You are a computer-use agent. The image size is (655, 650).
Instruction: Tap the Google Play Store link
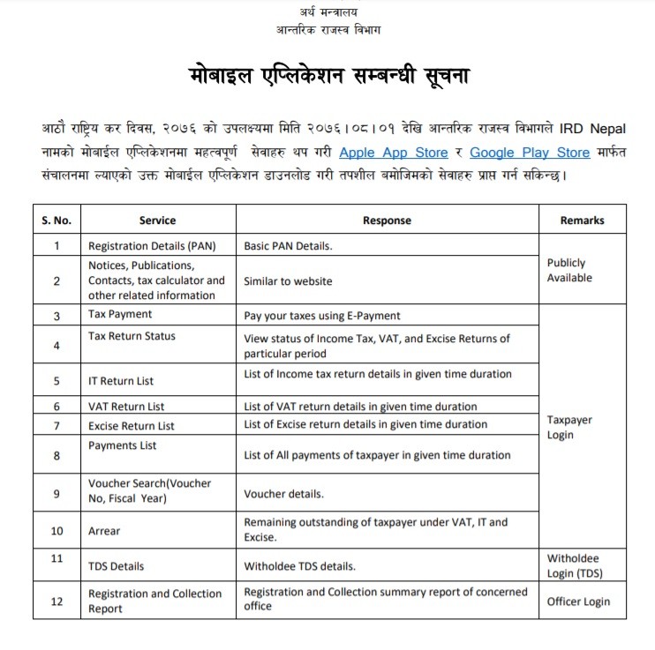point(529,152)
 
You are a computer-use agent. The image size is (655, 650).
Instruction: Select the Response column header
point(387,220)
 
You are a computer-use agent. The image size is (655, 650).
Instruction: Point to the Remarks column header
point(583,220)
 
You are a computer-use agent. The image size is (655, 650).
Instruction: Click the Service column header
point(157,220)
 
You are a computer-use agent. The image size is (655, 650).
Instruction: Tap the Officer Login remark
point(578,601)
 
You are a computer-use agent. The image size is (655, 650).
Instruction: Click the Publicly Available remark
point(568,270)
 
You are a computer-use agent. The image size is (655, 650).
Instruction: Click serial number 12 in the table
point(56,601)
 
